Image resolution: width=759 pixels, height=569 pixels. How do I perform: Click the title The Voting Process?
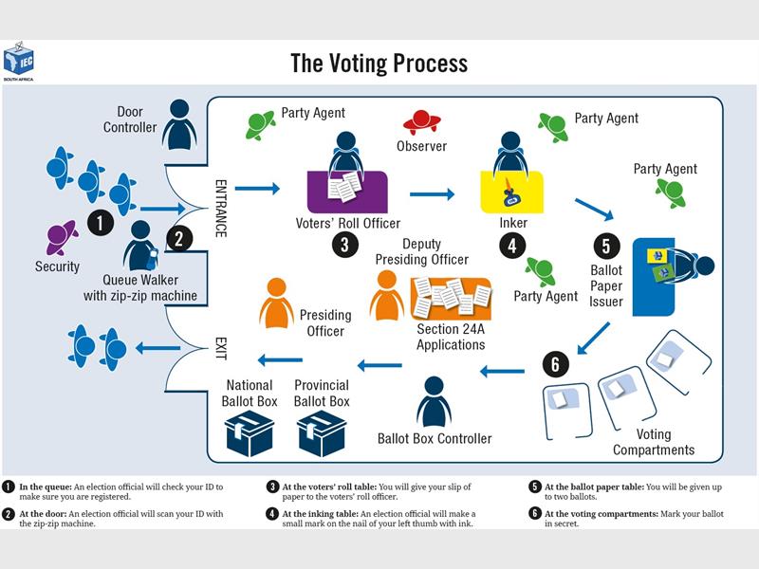[379, 64]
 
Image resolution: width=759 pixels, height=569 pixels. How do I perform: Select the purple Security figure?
[62, 235]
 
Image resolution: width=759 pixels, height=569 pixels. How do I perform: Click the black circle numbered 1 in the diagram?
[100, 223]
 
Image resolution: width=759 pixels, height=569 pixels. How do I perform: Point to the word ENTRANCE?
[220, 208]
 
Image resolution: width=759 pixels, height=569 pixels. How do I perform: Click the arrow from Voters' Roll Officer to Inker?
[433, 194]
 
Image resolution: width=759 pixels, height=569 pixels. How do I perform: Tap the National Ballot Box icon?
[249, 432]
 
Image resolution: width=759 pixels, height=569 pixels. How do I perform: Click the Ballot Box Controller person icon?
[434, 402]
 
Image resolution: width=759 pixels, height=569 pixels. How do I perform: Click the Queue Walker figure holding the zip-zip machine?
[141, 247]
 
